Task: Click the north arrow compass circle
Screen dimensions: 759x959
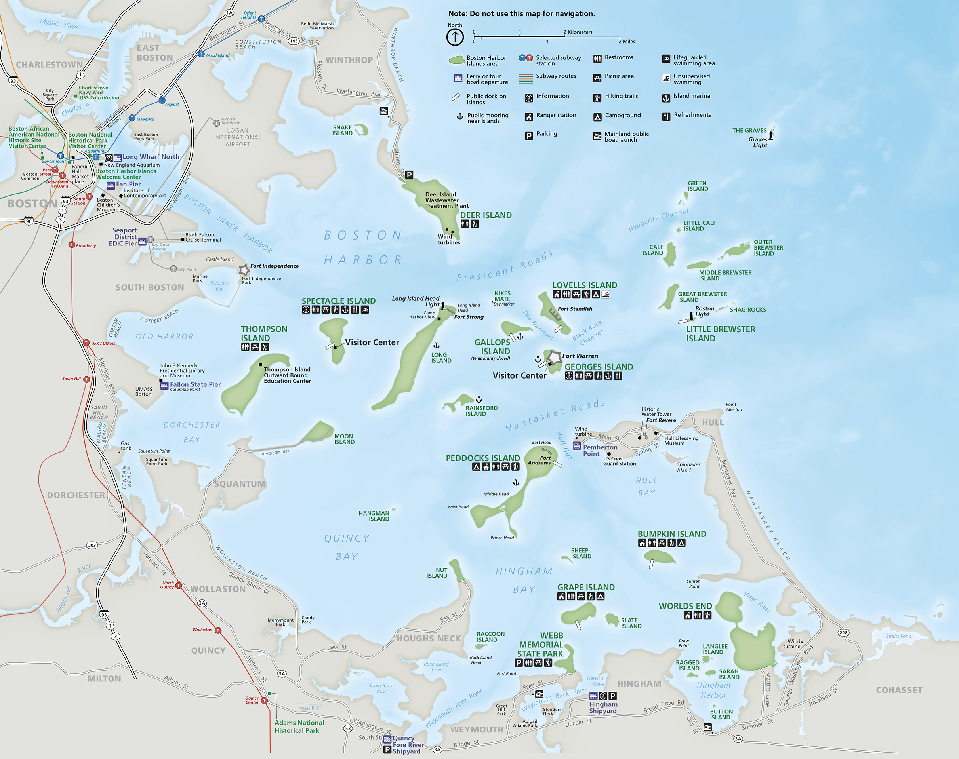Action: point(455,37)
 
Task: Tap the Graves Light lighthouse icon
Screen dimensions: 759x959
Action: point(771,135)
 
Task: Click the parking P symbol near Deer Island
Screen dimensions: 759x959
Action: point(409,175)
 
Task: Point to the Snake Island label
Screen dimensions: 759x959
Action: point(342,130)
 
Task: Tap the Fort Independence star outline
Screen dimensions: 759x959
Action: point(244,270)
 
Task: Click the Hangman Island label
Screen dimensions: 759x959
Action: point(374,516)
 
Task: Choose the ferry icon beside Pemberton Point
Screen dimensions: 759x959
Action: point(577,446)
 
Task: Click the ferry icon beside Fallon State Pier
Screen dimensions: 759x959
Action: point(164,385)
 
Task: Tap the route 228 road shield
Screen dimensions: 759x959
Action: point(843,632)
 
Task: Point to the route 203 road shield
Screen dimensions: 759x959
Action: point(92,545)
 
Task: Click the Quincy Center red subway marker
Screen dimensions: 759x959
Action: point(264,701)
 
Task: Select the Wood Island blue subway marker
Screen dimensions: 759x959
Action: point(201,54)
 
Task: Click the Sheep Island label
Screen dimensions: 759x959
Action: point(581,553)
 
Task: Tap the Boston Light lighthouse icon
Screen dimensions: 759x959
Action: point(691,316)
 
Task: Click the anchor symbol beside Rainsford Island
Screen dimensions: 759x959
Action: point(479,399)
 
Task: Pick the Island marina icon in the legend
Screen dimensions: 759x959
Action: point(666,98)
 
